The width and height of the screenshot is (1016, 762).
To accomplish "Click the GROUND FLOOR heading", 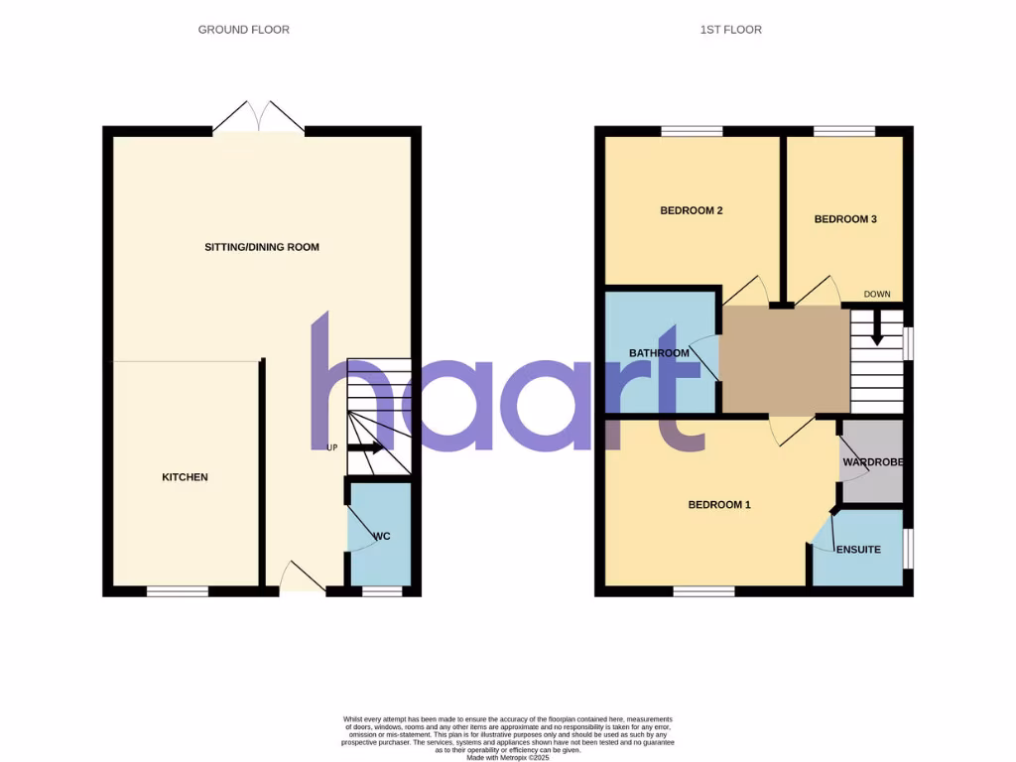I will coord(243,30).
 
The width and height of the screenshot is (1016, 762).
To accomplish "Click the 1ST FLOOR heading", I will coord(730,30).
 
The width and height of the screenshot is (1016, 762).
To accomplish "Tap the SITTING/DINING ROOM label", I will coord(262,247).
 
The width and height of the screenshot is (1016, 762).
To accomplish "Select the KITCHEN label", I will coord(185,477).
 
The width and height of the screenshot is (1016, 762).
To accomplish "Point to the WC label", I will coord(382,537).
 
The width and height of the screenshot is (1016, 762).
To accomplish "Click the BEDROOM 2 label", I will coord(692,210).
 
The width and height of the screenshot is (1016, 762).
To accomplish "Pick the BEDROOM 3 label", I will coord(845,219).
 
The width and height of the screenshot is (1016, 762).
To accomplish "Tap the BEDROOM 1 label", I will coord(719,505).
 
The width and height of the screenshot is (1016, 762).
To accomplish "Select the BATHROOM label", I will coord(659,353).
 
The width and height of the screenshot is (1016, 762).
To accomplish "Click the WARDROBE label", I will coord(872,462).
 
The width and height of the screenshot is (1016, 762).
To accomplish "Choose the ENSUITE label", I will coord(858,550).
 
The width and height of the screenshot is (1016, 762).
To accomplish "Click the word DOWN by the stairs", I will coord(877,295).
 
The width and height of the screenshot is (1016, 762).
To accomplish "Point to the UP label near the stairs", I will coord(332,447).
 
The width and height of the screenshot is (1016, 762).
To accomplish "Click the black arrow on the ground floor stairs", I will coord(364,447).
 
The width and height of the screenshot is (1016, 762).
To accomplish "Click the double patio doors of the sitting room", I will coord(258,118).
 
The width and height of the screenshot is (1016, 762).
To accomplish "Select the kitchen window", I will coord(178,591).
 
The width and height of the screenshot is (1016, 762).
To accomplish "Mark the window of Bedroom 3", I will coord(844,130).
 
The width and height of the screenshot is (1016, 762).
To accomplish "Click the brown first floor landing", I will coord(784,360).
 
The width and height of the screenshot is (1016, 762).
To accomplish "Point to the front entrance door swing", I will coord(302,577).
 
